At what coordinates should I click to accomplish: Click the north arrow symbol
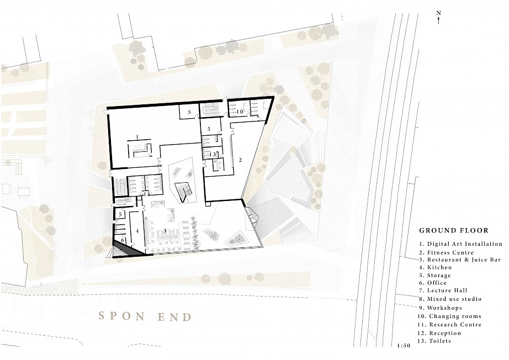[438, 18]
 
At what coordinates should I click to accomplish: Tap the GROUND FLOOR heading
[454, 230]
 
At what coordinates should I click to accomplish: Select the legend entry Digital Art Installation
[460, 244]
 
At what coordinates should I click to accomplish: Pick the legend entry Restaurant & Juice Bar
[460, 260]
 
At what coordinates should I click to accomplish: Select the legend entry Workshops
[440, 308]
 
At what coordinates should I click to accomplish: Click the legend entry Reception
[439, 333]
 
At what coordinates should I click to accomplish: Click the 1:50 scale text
[404, 346]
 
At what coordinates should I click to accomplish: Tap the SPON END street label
[145, 316]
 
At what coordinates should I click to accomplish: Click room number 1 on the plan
[137, 137]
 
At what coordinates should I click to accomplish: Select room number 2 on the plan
[240, 160]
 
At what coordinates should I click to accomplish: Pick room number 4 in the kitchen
[137, 231]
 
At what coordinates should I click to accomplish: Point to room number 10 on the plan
[240, 112]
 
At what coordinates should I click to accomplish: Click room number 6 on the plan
[123, 240]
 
